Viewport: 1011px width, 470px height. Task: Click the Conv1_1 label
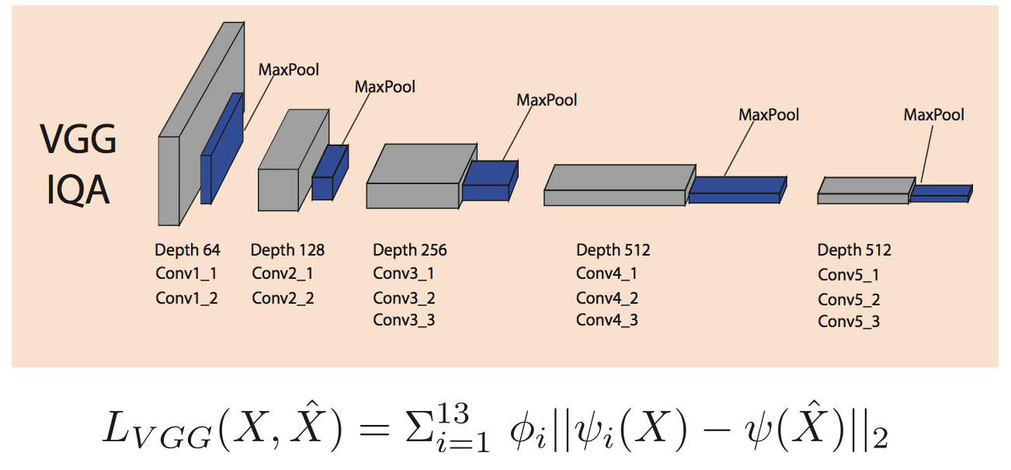click(186, 273)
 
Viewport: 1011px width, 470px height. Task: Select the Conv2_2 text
click(283, 298)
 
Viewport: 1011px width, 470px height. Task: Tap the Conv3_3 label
click(404, 319)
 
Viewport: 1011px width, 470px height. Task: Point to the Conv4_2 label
click(607, 298)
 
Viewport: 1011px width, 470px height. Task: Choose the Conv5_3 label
click(849, 321)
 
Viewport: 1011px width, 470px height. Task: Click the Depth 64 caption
click(187, 250)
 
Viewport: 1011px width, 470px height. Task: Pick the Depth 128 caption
click(287, 250)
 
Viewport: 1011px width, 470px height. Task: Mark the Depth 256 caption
click(410, 250)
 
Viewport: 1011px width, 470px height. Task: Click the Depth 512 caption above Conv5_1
click(854, 250)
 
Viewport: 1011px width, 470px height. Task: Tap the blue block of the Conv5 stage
click(940, 193)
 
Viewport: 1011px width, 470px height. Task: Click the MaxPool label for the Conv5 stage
click(933, 115)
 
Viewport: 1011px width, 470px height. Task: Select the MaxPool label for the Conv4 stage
click(769, 115)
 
